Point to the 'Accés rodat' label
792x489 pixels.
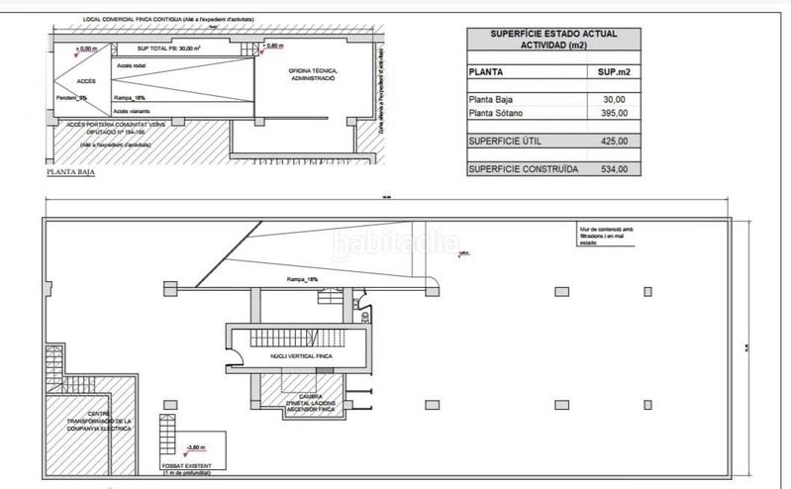[133, 64]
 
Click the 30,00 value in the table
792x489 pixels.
[614, 98]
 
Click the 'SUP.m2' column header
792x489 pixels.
[612, 71]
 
